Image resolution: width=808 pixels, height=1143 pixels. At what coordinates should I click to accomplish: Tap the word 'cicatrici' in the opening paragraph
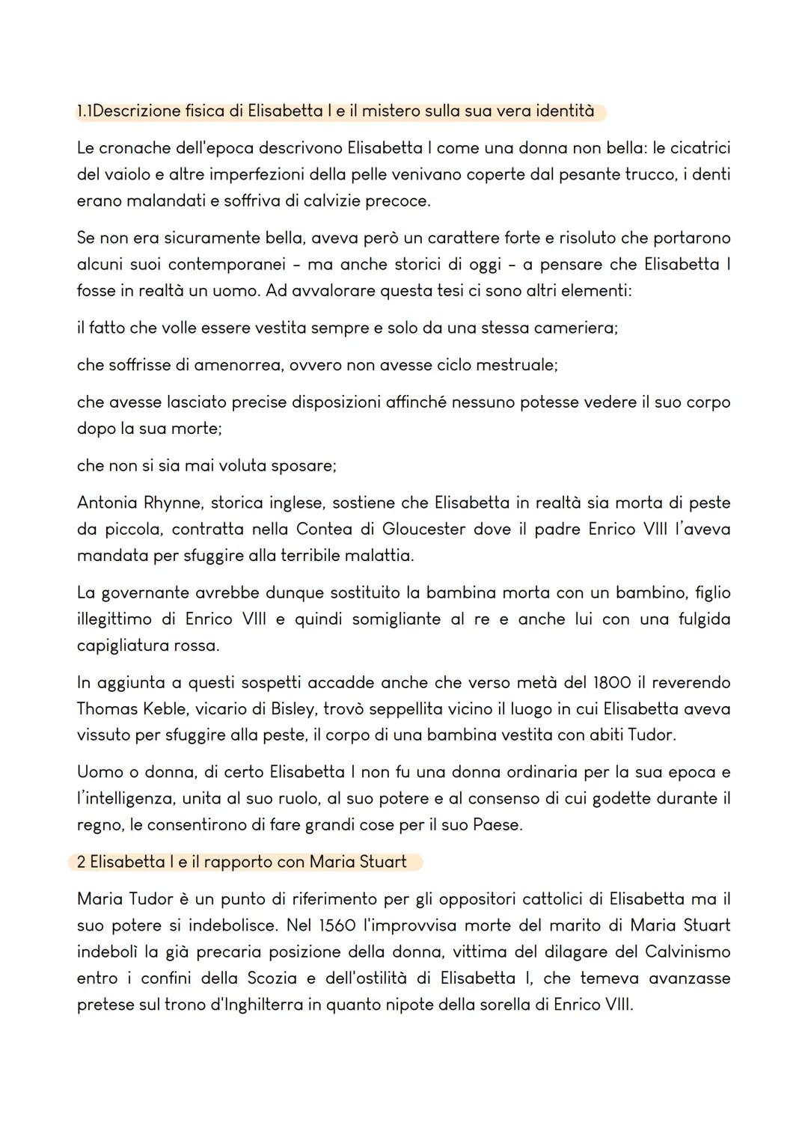coord(700,148)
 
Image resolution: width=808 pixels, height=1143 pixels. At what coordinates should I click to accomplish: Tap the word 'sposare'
coord(303,465)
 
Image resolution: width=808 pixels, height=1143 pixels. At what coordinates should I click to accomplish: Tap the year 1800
coord(612,682)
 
